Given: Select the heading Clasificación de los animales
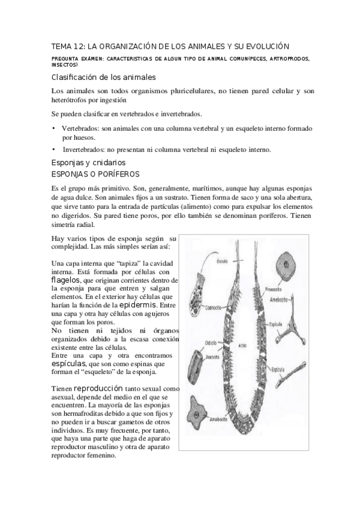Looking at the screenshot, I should (x=103, y=77).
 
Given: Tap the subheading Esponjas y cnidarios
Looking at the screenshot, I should (x=89, y=162).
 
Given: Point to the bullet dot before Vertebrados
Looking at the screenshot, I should (x=53, y=128).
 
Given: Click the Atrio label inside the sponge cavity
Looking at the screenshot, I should (x=244, y=345).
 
